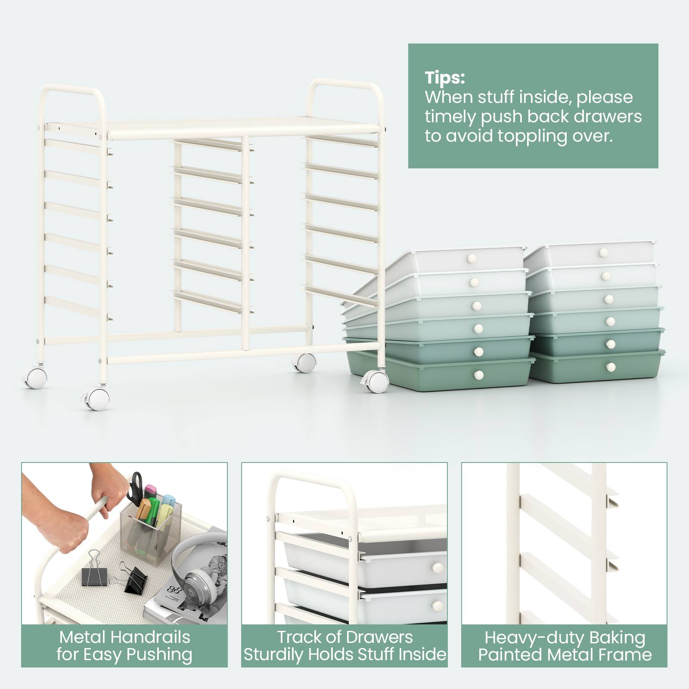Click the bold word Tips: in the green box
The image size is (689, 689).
pos(445,78)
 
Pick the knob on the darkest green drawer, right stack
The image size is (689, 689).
pos(610,367)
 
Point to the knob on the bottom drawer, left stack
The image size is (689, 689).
pos(478,375)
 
